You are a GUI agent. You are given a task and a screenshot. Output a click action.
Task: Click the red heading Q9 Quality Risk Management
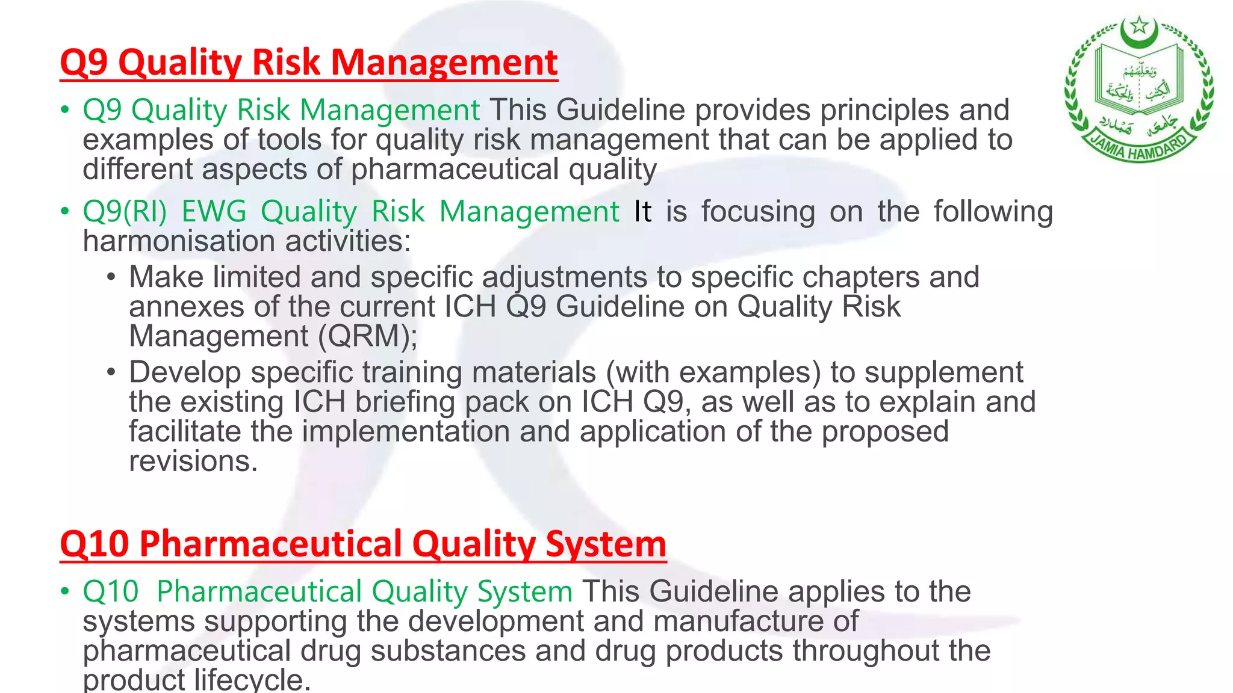point(309,63)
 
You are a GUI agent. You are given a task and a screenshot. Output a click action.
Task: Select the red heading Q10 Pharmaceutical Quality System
point(363,544)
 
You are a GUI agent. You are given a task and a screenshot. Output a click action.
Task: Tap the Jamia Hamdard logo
point(1139,90)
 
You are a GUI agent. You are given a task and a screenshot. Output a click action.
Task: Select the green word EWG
point(214,212)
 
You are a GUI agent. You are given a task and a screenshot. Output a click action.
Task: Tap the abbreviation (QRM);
point(367,336)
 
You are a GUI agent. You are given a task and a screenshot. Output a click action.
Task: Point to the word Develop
point(185,372)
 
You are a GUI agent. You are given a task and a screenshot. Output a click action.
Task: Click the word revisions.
point(193,461)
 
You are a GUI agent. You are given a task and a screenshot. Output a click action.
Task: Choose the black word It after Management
point(642,212)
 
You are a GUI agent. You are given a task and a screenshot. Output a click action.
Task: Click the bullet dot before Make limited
point(111,277)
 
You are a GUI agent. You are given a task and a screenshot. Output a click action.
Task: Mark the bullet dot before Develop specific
point(111,372)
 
